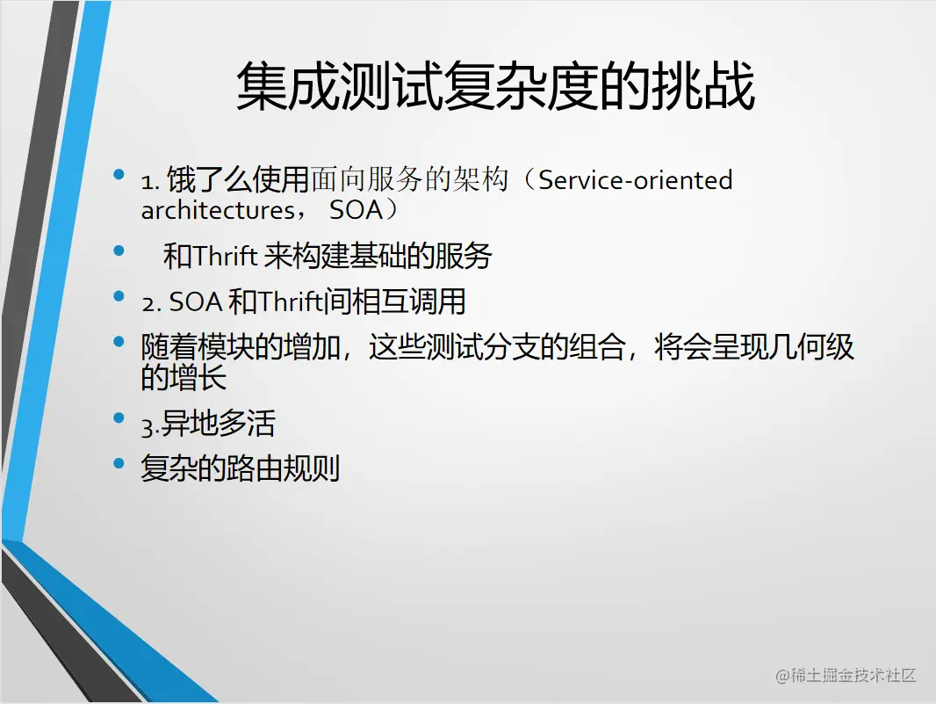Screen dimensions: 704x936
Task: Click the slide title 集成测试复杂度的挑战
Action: [x=495, y=86]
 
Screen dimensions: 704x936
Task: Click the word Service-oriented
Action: [x=635, y=180]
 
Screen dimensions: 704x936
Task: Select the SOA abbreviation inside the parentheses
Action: [x=357, y=211]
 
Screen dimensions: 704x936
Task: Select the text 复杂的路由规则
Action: [x=240, y=468]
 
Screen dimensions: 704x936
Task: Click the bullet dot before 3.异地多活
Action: [x=119, y=417]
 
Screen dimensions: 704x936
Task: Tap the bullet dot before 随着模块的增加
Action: [x=119, y=340]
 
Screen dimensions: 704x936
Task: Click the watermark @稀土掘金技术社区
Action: [x=846, y=675]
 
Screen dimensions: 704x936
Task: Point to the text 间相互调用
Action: [x=394, y=302]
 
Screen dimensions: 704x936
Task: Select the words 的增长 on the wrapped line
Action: [x=184, y=378]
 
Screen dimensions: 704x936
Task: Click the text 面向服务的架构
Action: [x=409, y=180]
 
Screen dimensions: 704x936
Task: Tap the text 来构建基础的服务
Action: [x=378, y=257]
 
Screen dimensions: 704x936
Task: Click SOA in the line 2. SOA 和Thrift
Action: [x=195, y=303]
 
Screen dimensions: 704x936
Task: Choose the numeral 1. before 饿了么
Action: [x=149, y=182]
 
